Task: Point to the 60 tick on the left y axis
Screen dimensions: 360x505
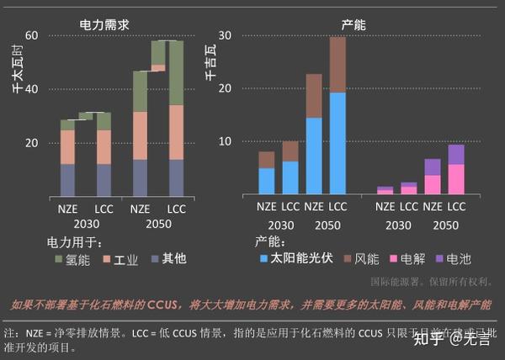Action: [x=33, y=35]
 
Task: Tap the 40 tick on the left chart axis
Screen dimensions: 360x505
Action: [x=33, y=89]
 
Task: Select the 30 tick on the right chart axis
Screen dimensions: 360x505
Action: [x=225, y=35]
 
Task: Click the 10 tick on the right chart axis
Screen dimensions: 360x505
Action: [x=225, y=141]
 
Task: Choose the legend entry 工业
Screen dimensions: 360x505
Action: [x=127, y=260]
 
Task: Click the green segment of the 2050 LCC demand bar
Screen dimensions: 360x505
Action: [x=176, y=72]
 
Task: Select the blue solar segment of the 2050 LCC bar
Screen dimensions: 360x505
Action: [x=338, y=143]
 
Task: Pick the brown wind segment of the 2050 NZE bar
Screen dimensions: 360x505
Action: [x=314, y=96]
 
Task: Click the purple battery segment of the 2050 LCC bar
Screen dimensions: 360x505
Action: [x=455, y=154]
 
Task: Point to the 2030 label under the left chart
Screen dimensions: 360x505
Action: [x=84, y=225]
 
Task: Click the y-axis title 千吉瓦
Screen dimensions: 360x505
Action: [x=210, y=63]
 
